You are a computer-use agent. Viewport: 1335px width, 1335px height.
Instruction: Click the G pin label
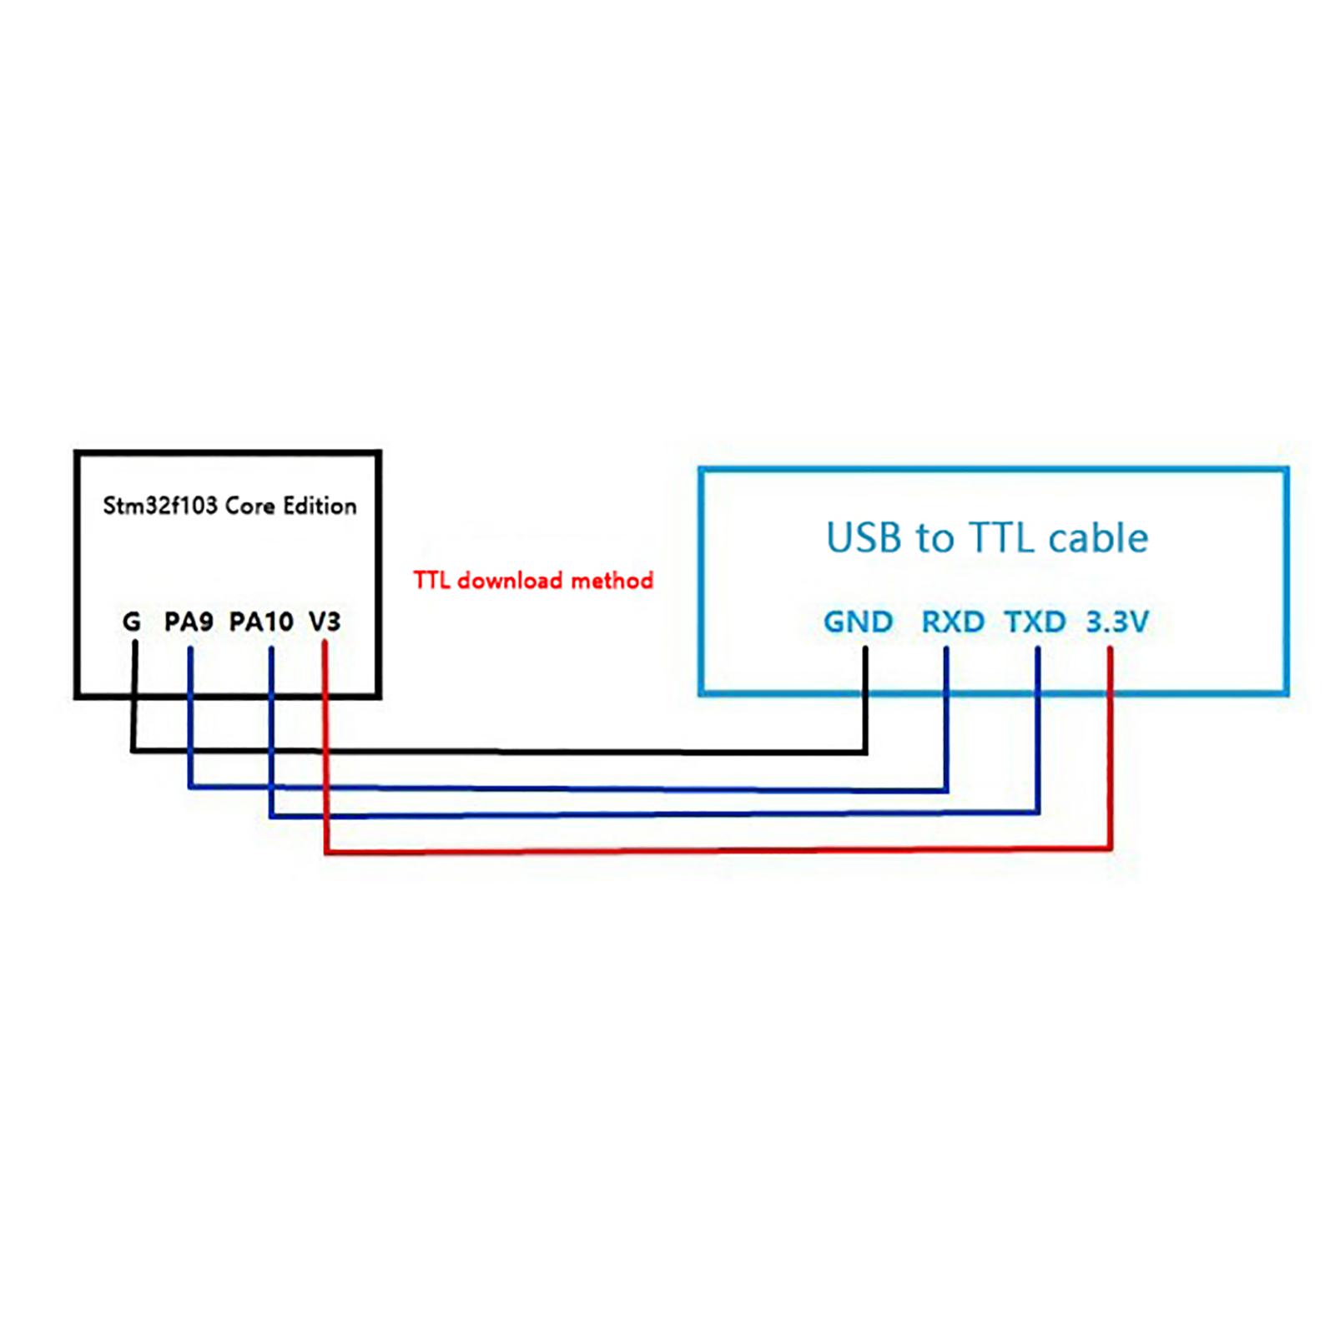click(131, 622)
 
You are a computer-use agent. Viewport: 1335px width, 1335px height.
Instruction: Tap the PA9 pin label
click(189, 622)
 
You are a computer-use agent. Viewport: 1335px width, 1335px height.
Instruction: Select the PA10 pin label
click(261, 622)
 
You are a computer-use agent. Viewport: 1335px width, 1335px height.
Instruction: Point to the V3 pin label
click(325, 622)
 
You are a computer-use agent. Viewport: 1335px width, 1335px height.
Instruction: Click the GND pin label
click(858, 622)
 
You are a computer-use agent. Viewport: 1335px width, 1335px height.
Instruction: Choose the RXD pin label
click(952, 622)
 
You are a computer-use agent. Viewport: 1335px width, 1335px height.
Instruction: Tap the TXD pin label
click(1035, 622)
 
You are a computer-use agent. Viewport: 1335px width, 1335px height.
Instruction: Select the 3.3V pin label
click(1116, 622)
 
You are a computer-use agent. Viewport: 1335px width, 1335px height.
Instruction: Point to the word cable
click(1098, 538)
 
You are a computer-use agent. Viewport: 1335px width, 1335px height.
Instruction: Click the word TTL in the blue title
click(1000, 538)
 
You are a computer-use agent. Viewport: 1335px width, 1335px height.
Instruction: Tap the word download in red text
click(510, 580)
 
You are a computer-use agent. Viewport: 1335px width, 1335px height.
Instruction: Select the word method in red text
click(612, 580)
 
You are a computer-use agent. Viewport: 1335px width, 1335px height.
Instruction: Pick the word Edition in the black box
click(320, 506)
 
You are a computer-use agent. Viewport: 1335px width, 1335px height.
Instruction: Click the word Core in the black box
click(249, 506)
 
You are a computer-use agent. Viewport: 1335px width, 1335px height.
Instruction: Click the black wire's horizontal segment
click(501, 752)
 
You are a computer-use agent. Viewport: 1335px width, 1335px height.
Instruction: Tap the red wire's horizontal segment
click(718, 850)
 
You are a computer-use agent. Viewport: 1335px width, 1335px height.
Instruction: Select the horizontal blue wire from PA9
click(567, 788)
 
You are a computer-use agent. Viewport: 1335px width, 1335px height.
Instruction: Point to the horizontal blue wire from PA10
click(651, 814)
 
